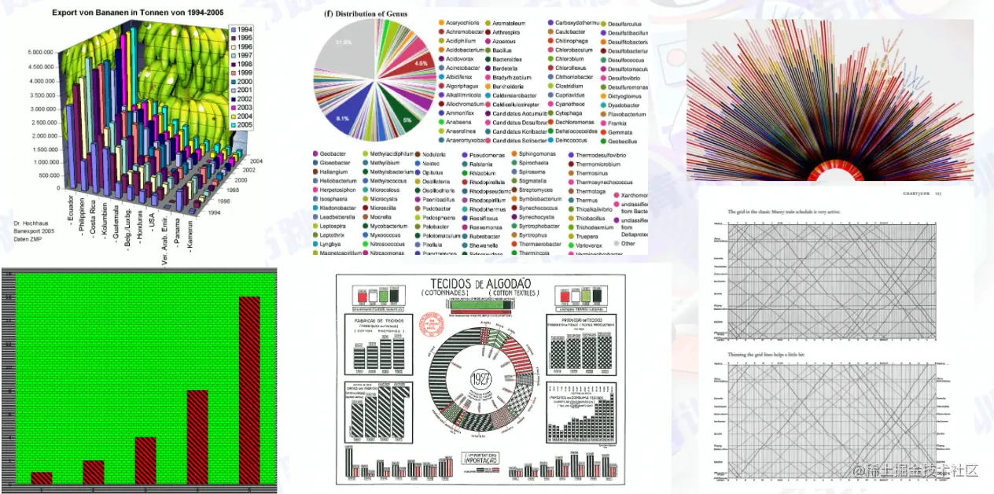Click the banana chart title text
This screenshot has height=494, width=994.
pyautogui.click(x=141, y=13)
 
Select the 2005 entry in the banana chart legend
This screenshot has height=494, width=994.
pyautogui.click(x=245, y=125)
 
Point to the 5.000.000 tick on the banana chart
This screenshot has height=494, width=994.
pyautogui.click(x=40, y=53)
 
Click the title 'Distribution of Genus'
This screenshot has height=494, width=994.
pyautogui.click(x=369, y=13)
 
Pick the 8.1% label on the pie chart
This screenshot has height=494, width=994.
pyautogui.click(x=343, y=118)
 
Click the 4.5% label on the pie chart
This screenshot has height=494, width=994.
pyautogui.click(x=421, y=63)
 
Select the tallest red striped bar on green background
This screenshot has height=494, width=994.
pyautogui.click(x=249, y=390)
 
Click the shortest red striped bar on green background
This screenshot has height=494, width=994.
pyautogui.click(x=42, y=478)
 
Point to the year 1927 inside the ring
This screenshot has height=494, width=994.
pyautogui.click(x=479, y=379)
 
